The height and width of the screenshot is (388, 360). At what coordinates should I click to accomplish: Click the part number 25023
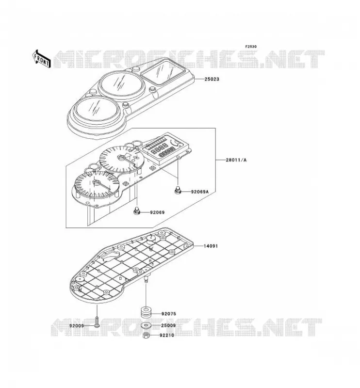tap(212, 80)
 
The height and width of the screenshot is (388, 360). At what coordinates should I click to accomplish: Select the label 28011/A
tap(236, 160)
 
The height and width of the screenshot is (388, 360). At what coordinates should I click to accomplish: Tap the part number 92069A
tap(199, 192)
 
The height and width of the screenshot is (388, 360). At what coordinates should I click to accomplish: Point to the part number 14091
tap(211, 246)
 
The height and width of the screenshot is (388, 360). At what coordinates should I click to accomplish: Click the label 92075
tap(169, 314)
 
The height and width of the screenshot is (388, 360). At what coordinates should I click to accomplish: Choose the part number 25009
tap(168, 325)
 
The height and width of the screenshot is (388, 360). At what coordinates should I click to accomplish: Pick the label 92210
tap(166, 335)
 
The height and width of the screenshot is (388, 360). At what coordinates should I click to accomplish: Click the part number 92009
tap(77, 326)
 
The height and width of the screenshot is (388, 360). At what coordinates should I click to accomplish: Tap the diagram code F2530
tap(251, 47)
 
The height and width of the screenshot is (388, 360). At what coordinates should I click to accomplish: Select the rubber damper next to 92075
tap(146, 313)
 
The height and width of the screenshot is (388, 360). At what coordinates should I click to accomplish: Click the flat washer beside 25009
tap(146, 325)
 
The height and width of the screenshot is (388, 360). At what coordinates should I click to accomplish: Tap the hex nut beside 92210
tap(146, 336)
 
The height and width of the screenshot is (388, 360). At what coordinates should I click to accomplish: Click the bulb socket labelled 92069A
tap(178, 191)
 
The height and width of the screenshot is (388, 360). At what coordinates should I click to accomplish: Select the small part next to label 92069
tap(136, 211)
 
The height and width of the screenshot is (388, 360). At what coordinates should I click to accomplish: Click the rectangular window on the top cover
tap(163, 73)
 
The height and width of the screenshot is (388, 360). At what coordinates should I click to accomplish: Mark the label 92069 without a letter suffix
tap(157, 212)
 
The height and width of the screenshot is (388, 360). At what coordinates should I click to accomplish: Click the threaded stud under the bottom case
tap(146, 280)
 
